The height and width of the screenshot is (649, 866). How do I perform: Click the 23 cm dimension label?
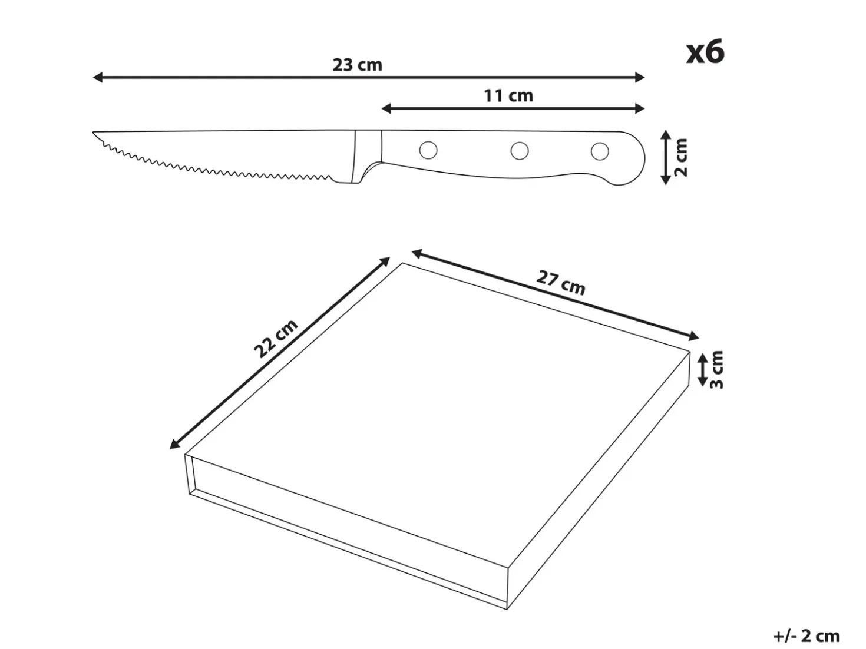[x=357, y=65]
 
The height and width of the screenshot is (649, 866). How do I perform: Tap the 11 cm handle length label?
[x=508, y=96]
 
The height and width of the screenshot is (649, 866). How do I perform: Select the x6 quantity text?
[x=705, y=52]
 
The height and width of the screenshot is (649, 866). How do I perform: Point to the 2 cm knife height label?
[x=682, y=157]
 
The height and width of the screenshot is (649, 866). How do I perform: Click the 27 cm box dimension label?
[x=560, y=283]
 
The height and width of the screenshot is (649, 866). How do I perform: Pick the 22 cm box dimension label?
[x=275, y=339]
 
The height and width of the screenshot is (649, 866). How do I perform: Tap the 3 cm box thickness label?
[x=717, y=370]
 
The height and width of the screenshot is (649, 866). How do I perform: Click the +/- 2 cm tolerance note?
[x=806, y=636]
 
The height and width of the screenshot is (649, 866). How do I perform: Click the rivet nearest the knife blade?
[x=428, y=150]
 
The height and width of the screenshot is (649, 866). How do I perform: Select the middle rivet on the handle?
[x=520, y=151]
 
